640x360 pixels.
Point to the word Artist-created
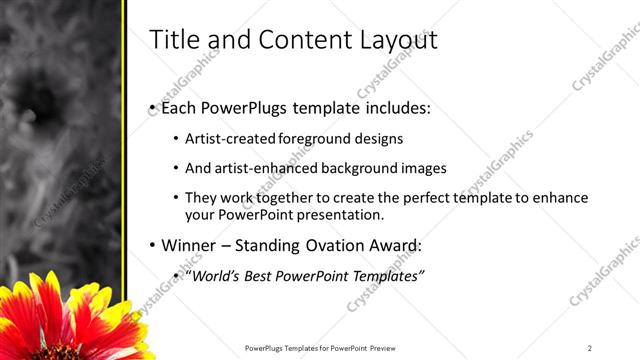pos(226,139)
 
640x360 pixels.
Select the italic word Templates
pos(387,275)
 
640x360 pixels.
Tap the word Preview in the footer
pos(389,347)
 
